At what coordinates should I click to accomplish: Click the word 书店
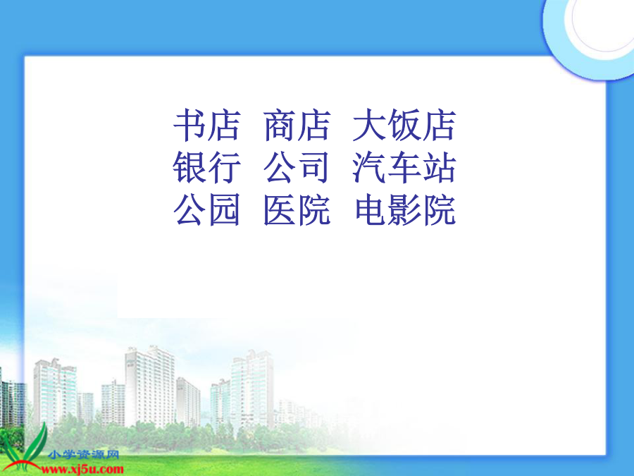(207, 125)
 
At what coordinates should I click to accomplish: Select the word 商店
(297, 125)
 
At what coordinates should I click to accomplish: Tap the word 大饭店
(404, 125)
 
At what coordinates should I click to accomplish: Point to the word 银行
(207, 167)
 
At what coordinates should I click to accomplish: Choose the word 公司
(297, 167)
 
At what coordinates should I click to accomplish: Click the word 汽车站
(404, 167)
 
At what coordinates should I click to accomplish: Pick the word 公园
(207, 209)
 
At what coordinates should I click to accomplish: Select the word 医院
(297, 209)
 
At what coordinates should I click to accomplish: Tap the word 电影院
(406, 209)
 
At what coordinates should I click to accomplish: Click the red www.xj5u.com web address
(82, 470)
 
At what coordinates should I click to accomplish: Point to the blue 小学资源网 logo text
(83, 455)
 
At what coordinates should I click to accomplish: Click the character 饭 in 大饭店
(404, 125)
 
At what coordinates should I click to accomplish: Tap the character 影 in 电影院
(406, 209)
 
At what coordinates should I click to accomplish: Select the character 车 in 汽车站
(404, 167)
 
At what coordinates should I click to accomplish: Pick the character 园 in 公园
(224, 209)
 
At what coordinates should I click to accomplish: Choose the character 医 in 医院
(280, 209)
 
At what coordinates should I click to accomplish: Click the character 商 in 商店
(280, 125)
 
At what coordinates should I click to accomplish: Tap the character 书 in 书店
(189, 125)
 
